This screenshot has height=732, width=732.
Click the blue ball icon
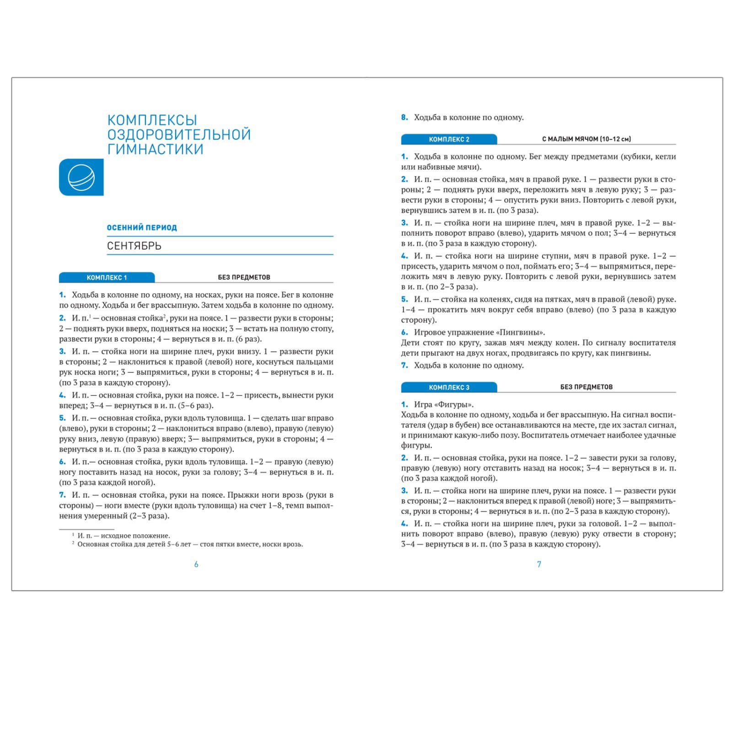click(x=81, y=177)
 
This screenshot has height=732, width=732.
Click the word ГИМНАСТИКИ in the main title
click(x=155, y=149)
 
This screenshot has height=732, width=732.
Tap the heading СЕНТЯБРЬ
click(x=134, y=246)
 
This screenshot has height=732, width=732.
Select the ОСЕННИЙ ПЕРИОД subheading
click(x=142, y=227)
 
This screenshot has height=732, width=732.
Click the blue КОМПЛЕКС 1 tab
click(x=107, y=277)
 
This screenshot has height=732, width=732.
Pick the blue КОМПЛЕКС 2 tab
click(x=449, y=139)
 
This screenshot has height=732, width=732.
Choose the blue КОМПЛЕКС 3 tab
click(x=449, y=387)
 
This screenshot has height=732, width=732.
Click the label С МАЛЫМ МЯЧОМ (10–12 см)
click(x=586, y=139)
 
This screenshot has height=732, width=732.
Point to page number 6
click(x=196, y=564)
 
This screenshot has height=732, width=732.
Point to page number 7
click(x=539, y=564)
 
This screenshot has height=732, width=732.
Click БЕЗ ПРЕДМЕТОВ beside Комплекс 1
click(x=244, y=277)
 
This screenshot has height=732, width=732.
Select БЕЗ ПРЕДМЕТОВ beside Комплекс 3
click(x=586, y=387)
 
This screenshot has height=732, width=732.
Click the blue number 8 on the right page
click(x=404, y=117)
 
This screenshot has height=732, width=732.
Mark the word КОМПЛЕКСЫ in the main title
click(x=152, y=120)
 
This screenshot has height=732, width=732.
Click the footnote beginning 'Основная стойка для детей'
click(x=190, y=544)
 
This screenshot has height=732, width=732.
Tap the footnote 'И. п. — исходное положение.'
click(x=124, y=535)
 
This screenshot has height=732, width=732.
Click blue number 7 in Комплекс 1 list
click(x=62, y=495)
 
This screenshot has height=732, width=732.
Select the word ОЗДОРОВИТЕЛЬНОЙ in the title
click(x=179, y=135)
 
